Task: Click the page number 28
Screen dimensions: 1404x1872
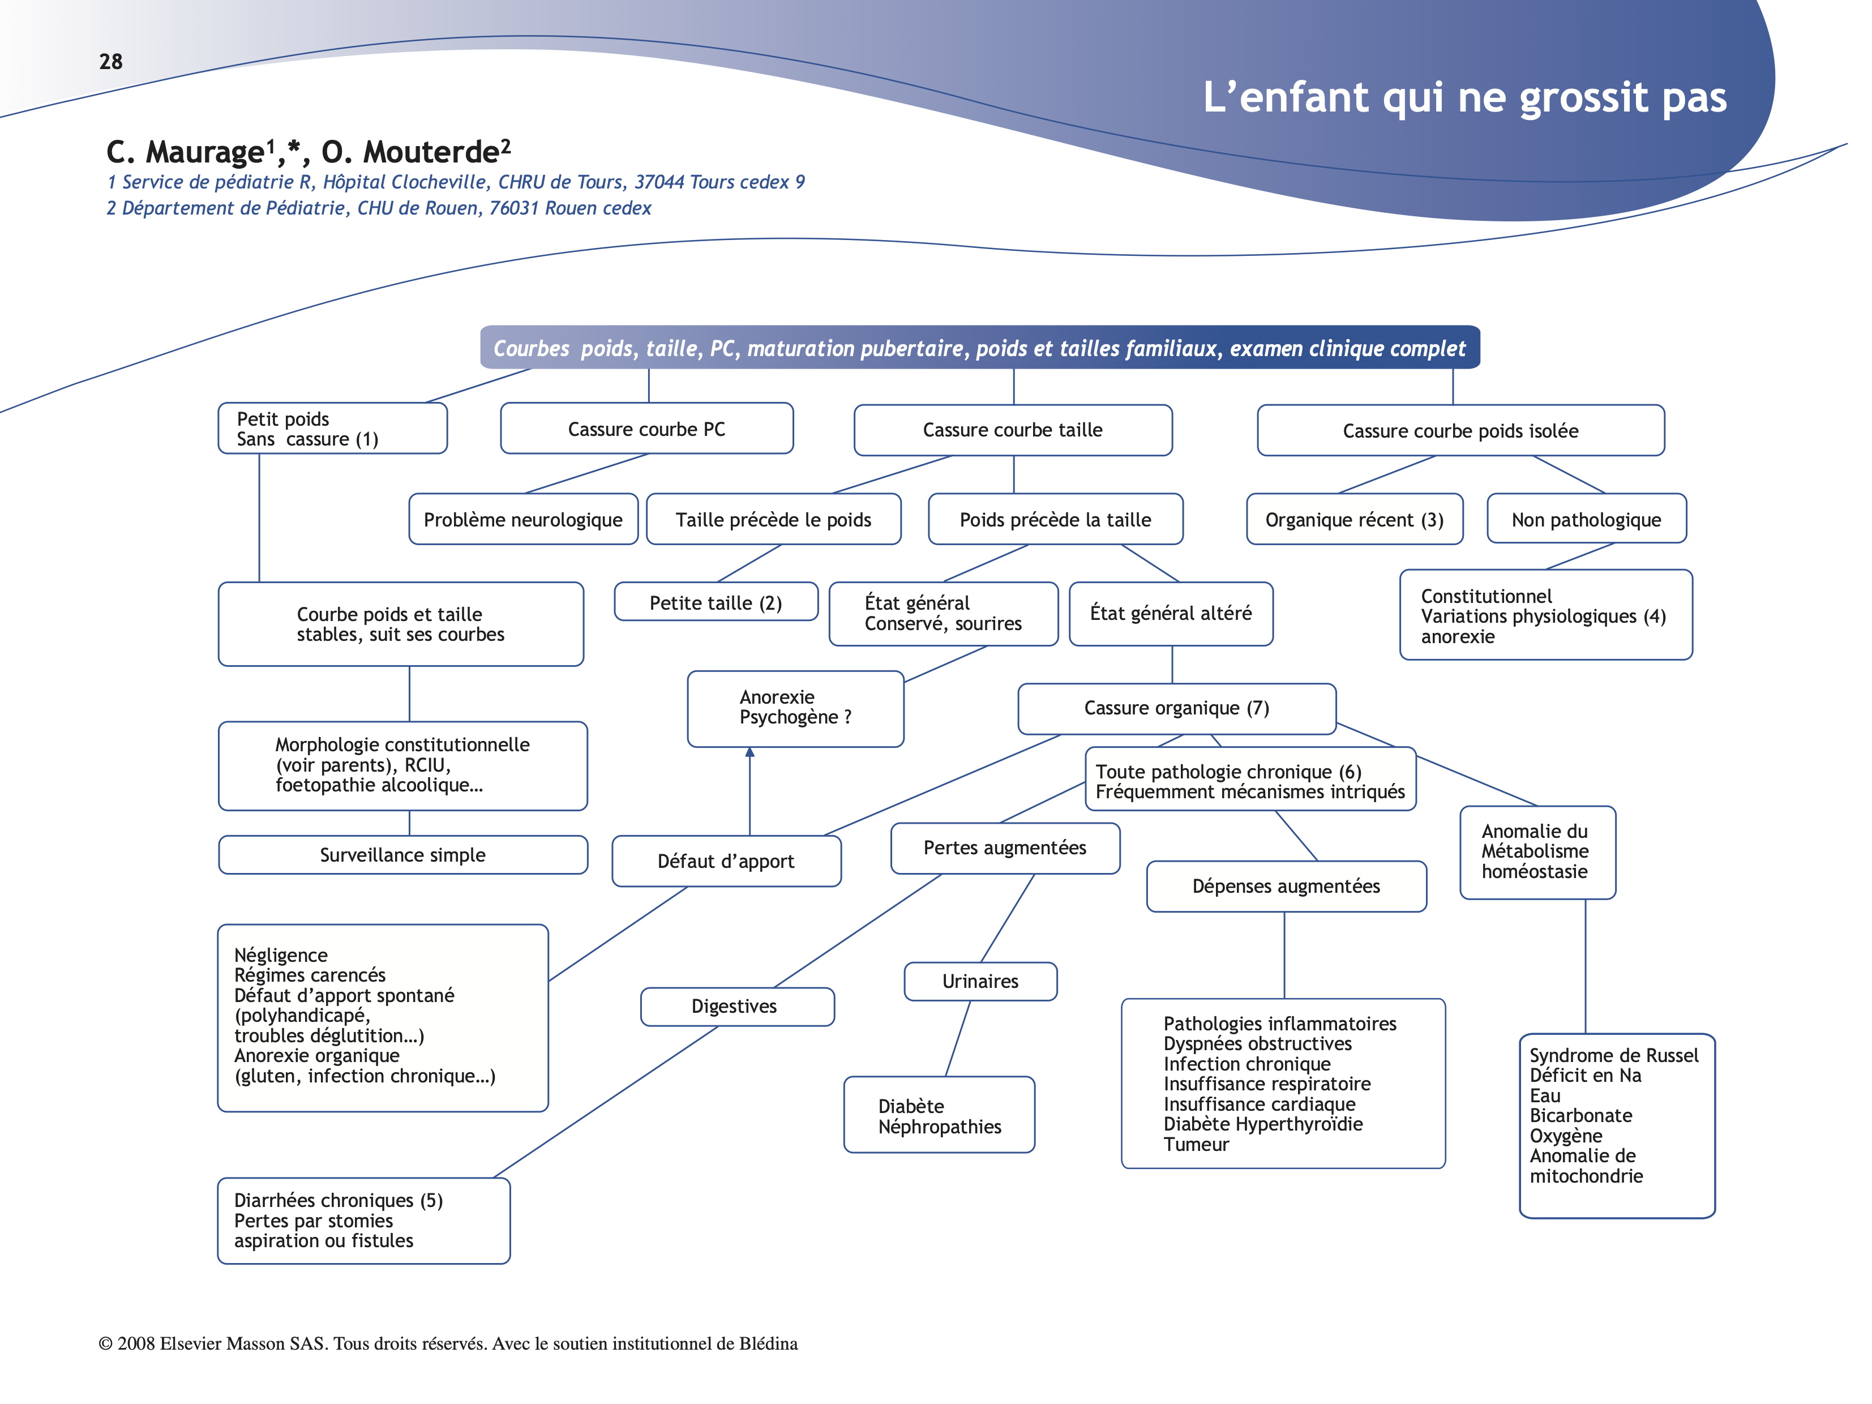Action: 111,62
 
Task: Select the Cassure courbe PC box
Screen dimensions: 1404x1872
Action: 646,429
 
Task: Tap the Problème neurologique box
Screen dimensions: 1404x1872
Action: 523,520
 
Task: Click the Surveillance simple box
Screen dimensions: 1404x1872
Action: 403,855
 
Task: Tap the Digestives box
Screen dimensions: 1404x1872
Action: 735,1006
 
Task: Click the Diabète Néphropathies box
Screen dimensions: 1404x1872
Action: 939,1115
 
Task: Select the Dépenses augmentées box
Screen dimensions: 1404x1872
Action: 1286,886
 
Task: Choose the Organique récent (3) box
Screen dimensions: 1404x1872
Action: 1354,520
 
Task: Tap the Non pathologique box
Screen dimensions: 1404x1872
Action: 1586,520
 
